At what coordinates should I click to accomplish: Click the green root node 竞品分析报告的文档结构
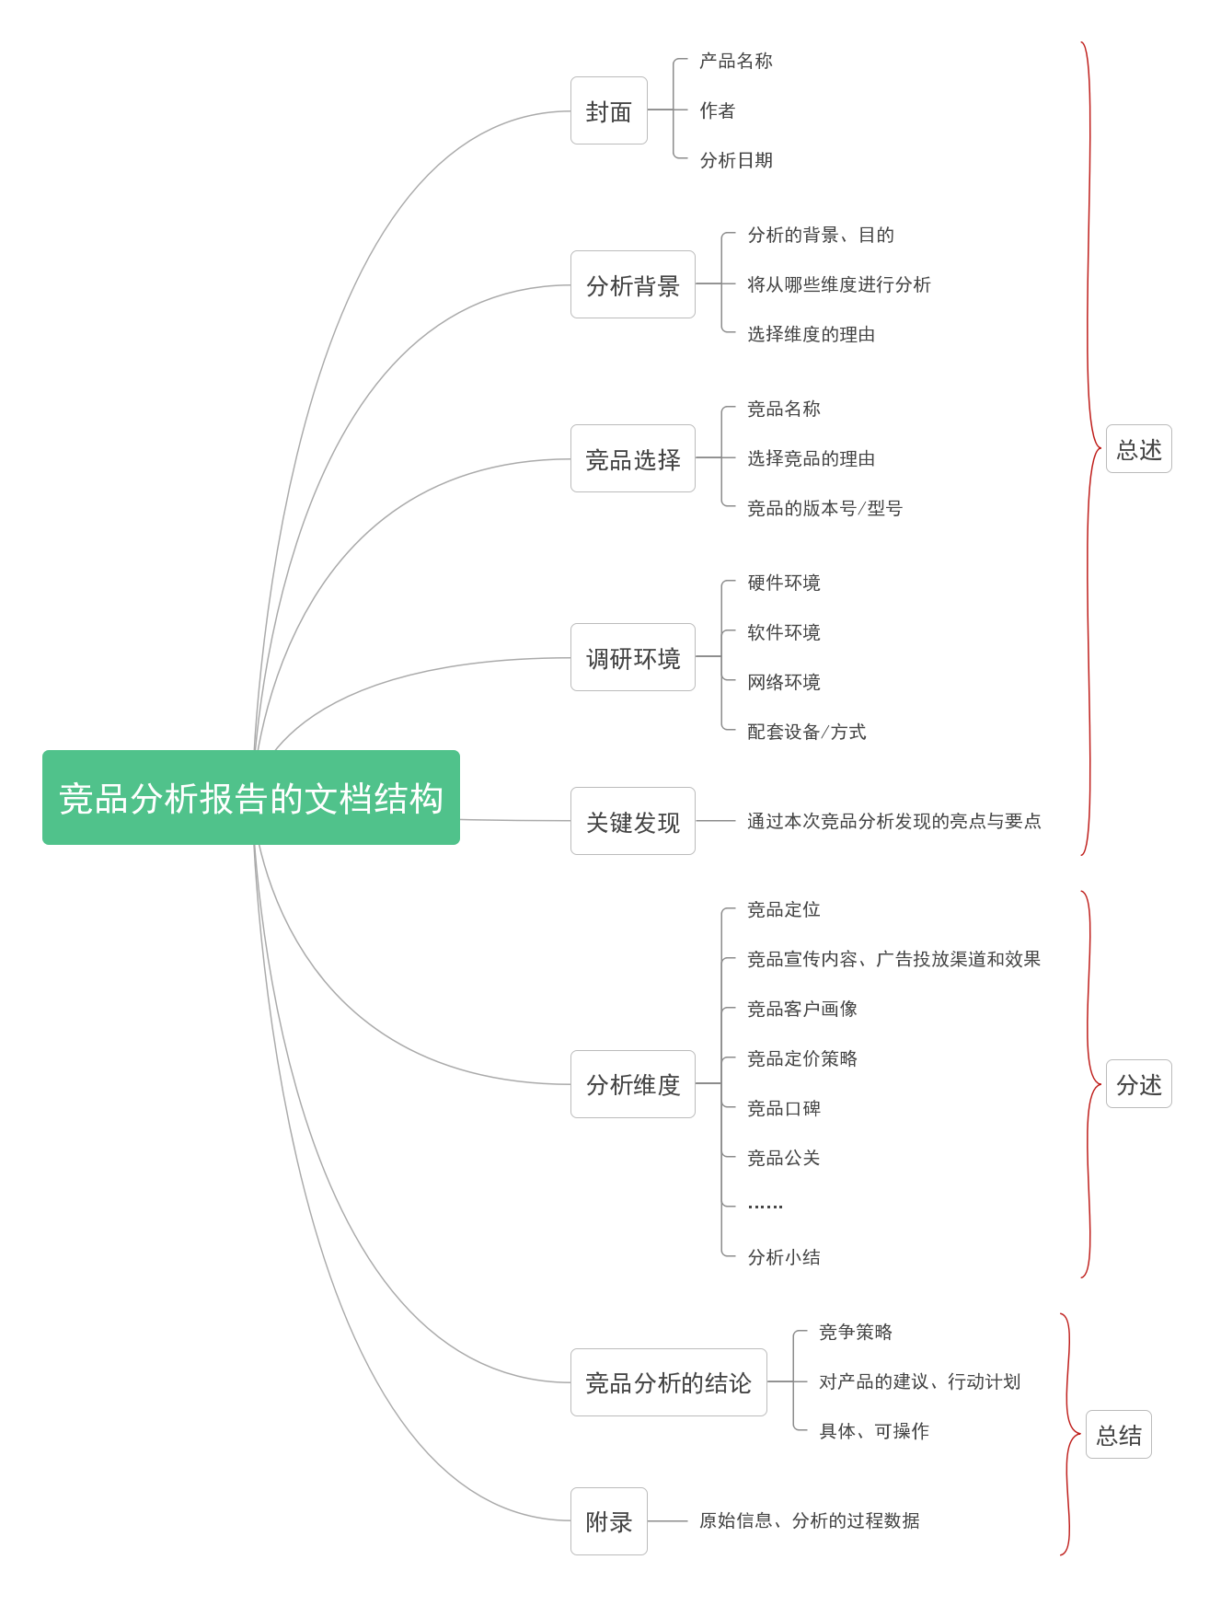click(251, 797)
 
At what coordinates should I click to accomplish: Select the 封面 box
click(609, 110)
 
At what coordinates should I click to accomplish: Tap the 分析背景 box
click(633, 284)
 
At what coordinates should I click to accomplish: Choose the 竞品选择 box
click(633, 458)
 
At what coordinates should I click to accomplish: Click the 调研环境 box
click(633, 657)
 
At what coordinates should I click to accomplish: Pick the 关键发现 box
click(633, 821)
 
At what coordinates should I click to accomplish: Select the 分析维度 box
click(633, 1084)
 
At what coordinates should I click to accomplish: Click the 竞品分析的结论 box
click(669, 1382)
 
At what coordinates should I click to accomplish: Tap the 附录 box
click(609, 1521)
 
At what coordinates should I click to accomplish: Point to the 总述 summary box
click(1139, 449)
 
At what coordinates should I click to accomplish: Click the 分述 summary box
click(1139, 1084)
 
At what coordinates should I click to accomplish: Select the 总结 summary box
click(1119, 1435)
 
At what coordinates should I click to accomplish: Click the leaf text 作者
click(718, 110)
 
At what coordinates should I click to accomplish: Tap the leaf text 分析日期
click(736, 160)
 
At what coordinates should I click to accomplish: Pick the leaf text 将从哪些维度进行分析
click(839, 284)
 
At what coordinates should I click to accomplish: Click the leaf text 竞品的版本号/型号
click(825, 508)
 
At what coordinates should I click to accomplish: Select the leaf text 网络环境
click(784, 682)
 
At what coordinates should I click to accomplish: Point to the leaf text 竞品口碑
click(784, 1108)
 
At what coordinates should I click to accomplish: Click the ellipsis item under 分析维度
click(766, 1206)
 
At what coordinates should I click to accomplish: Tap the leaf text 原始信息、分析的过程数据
click(810, 1520)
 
